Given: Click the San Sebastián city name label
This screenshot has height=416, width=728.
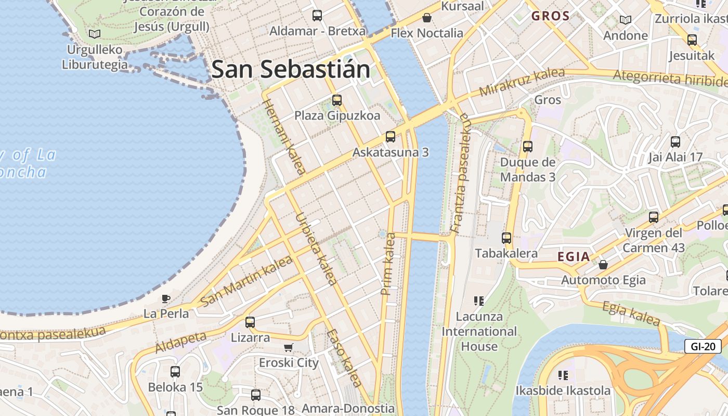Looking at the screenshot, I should (x=291, y=69).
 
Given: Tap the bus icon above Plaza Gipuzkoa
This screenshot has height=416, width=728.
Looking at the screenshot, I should (x=337, y=100).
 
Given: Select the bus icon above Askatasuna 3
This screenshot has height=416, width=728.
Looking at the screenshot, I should (x=390, y=137).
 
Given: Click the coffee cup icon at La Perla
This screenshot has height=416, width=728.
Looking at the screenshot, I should (x=165, y=298).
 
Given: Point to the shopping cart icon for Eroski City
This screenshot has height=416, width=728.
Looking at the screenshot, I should (x=289, y=347).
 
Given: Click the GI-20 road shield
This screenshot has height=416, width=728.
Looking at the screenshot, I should (x=703, y=346).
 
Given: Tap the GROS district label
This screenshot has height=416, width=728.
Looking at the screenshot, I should (x=551, y=16).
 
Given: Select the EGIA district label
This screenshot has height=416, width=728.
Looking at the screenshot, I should (x=574, y=256).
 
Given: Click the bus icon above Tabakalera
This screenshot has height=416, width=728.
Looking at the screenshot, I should (x=506, y=238).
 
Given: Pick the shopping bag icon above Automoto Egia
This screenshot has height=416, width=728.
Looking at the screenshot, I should (x=603, y=265).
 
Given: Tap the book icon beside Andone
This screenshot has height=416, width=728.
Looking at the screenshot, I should (x=625, y=20).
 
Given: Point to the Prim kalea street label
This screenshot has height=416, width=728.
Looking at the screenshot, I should (x=388, y=264).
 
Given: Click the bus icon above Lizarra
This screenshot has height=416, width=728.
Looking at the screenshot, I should (x=250, y=322).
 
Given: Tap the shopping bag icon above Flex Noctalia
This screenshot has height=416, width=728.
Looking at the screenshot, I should (x=427, y=18).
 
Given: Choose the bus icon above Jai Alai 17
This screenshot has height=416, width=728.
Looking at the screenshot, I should (x=675, y=141).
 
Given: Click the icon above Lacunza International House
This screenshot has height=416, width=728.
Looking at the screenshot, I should (x=479, y=301).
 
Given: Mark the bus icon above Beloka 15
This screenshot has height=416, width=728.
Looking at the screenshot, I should (x=175, y=372).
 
